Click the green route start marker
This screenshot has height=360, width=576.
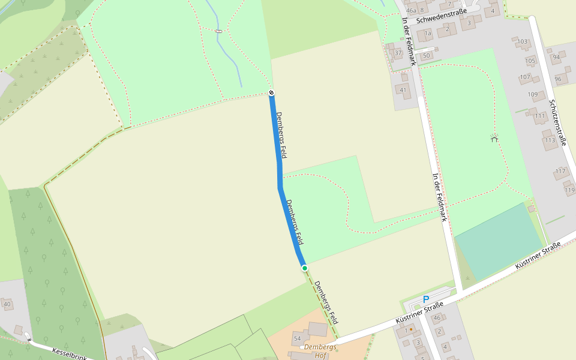point(305,268)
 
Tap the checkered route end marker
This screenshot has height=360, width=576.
point(271,92)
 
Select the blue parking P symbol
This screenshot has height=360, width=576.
point(426,299)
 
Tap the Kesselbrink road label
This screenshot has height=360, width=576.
point(70,354)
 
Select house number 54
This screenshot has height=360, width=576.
point(297,339)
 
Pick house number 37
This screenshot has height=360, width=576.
point(398,53)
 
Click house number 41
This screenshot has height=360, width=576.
point(403,91)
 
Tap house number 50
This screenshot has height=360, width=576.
point(427,56)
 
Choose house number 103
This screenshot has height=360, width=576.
point(523,42)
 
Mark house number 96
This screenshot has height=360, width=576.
point(558,79)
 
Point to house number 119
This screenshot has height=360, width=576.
point(569,190)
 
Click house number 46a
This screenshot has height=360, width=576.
point(411,10)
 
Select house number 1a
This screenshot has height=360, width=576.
point(428,34)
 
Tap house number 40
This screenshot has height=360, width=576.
point(7,305)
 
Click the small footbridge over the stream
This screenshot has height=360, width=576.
point(218,31)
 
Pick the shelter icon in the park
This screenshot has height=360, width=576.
point(494,137)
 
